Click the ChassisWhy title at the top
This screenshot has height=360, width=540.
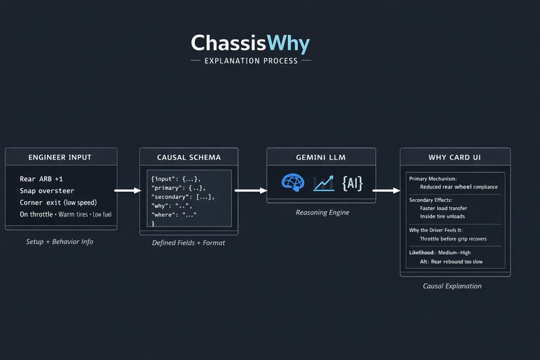click(250, 44)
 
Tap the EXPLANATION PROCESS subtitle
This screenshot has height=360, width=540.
click(250, 61)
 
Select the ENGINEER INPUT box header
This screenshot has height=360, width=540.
click(60, 157)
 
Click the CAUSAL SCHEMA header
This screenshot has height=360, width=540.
click(188, 157)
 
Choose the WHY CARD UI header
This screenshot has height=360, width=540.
click(455, 157)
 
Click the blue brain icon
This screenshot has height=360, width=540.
click(293, 182)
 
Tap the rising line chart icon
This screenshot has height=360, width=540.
click(324, 182)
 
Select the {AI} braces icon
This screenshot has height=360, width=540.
click(352, 182)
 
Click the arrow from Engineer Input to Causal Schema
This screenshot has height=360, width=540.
click(128, 191)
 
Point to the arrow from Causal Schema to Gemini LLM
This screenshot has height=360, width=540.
click(251, 191)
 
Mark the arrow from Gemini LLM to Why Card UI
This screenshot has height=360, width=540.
click(386, 191)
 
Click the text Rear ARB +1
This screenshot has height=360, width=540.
click(42, 179)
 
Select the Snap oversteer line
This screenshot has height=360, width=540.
click(47, 191)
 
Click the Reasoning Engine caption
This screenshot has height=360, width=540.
click(322, 213)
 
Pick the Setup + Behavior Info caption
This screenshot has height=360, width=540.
click(60, 241)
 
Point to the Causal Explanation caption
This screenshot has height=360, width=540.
click(452, 286)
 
